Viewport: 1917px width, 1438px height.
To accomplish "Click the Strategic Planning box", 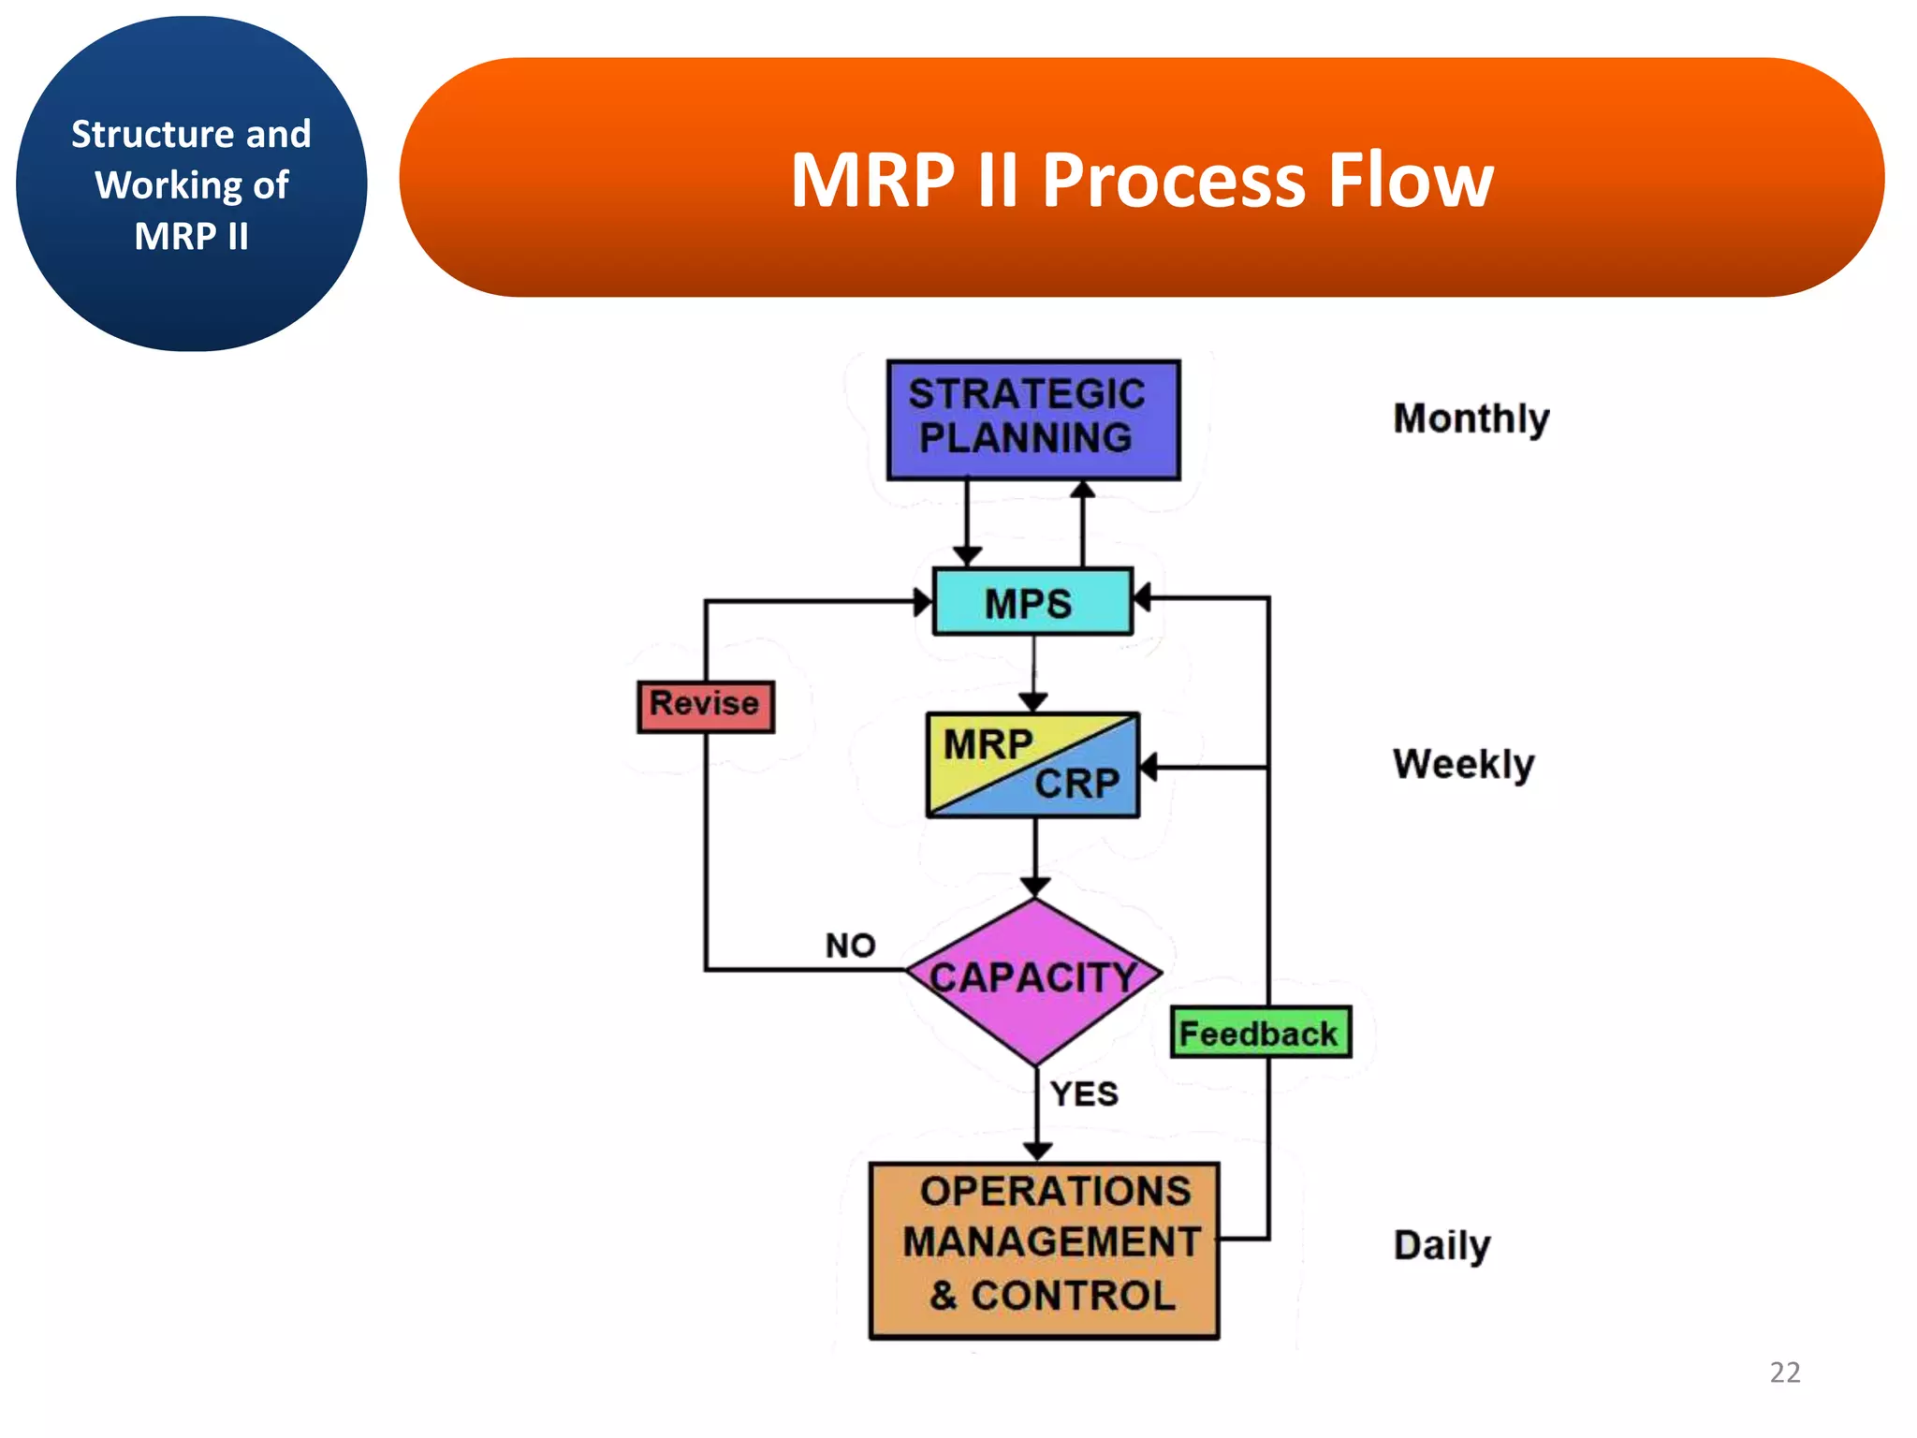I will pyautogui.click(x=1032, y=419).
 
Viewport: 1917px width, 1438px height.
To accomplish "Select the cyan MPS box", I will pyautogui.click(x=1032, y=602).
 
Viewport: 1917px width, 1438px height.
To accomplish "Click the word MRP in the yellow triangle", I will pyautogui.click(x=988, y=745).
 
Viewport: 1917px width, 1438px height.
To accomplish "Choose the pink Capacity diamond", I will pyautogui.click(x=1033, y=979).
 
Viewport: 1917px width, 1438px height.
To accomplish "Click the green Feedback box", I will pyautogui.click(x=1260, y=1033).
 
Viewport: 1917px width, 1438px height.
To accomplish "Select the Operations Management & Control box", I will pyautogui.click(x=1044, y=1249).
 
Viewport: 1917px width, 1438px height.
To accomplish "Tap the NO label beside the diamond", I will pyautogui.click(x=850, y=946).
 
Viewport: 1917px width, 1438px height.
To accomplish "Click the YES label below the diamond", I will pyautogui.click(x=1084, y=1093).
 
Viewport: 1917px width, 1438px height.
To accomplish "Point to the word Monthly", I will pyautogui.click(x=1471, y=418).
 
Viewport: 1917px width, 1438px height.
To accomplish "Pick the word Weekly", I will pyautogui.click(x=1463, y=764).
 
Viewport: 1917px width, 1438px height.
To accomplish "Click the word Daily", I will pyautogui.click(x=1441, y=1245).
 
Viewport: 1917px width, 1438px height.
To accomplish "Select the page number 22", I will pyautogui.click(x=1784, y=1372).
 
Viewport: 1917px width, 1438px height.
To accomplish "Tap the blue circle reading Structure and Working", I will pyautogui.click(x=192, y=184).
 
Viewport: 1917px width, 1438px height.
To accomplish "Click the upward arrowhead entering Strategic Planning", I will pyautogui.click(x=1083, y=489).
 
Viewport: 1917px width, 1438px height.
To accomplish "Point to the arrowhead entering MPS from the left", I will pyautogui.click(x=923, y=602).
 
